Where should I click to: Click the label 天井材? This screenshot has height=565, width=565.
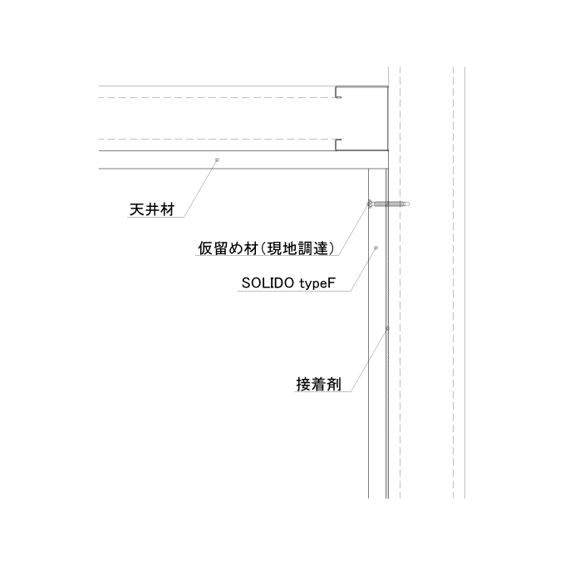point(152,209)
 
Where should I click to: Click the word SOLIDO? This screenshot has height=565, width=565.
point(268,283)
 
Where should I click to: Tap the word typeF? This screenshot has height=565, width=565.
point(317,283)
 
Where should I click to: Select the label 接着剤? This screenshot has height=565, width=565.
point(318,384)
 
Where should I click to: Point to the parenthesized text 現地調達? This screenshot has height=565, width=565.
point(297,248)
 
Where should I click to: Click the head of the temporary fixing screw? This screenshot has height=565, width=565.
point(370,204)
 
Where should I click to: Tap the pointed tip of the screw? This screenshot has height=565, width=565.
point(409,204)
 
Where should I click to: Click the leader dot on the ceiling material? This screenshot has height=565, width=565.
point(217,160)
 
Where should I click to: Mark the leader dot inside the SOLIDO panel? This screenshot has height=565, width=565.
point(376,248)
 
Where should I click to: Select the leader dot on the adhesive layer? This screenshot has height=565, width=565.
point(387,328)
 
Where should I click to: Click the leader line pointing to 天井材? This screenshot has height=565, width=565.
point(201,188)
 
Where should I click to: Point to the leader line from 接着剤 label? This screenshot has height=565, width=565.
point(370,360)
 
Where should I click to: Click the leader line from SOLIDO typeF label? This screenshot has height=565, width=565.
point(364,269)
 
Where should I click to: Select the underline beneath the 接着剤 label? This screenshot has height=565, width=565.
point(323,391)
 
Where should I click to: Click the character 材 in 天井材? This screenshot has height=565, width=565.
point(168,209)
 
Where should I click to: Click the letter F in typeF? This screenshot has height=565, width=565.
point(332,282)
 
